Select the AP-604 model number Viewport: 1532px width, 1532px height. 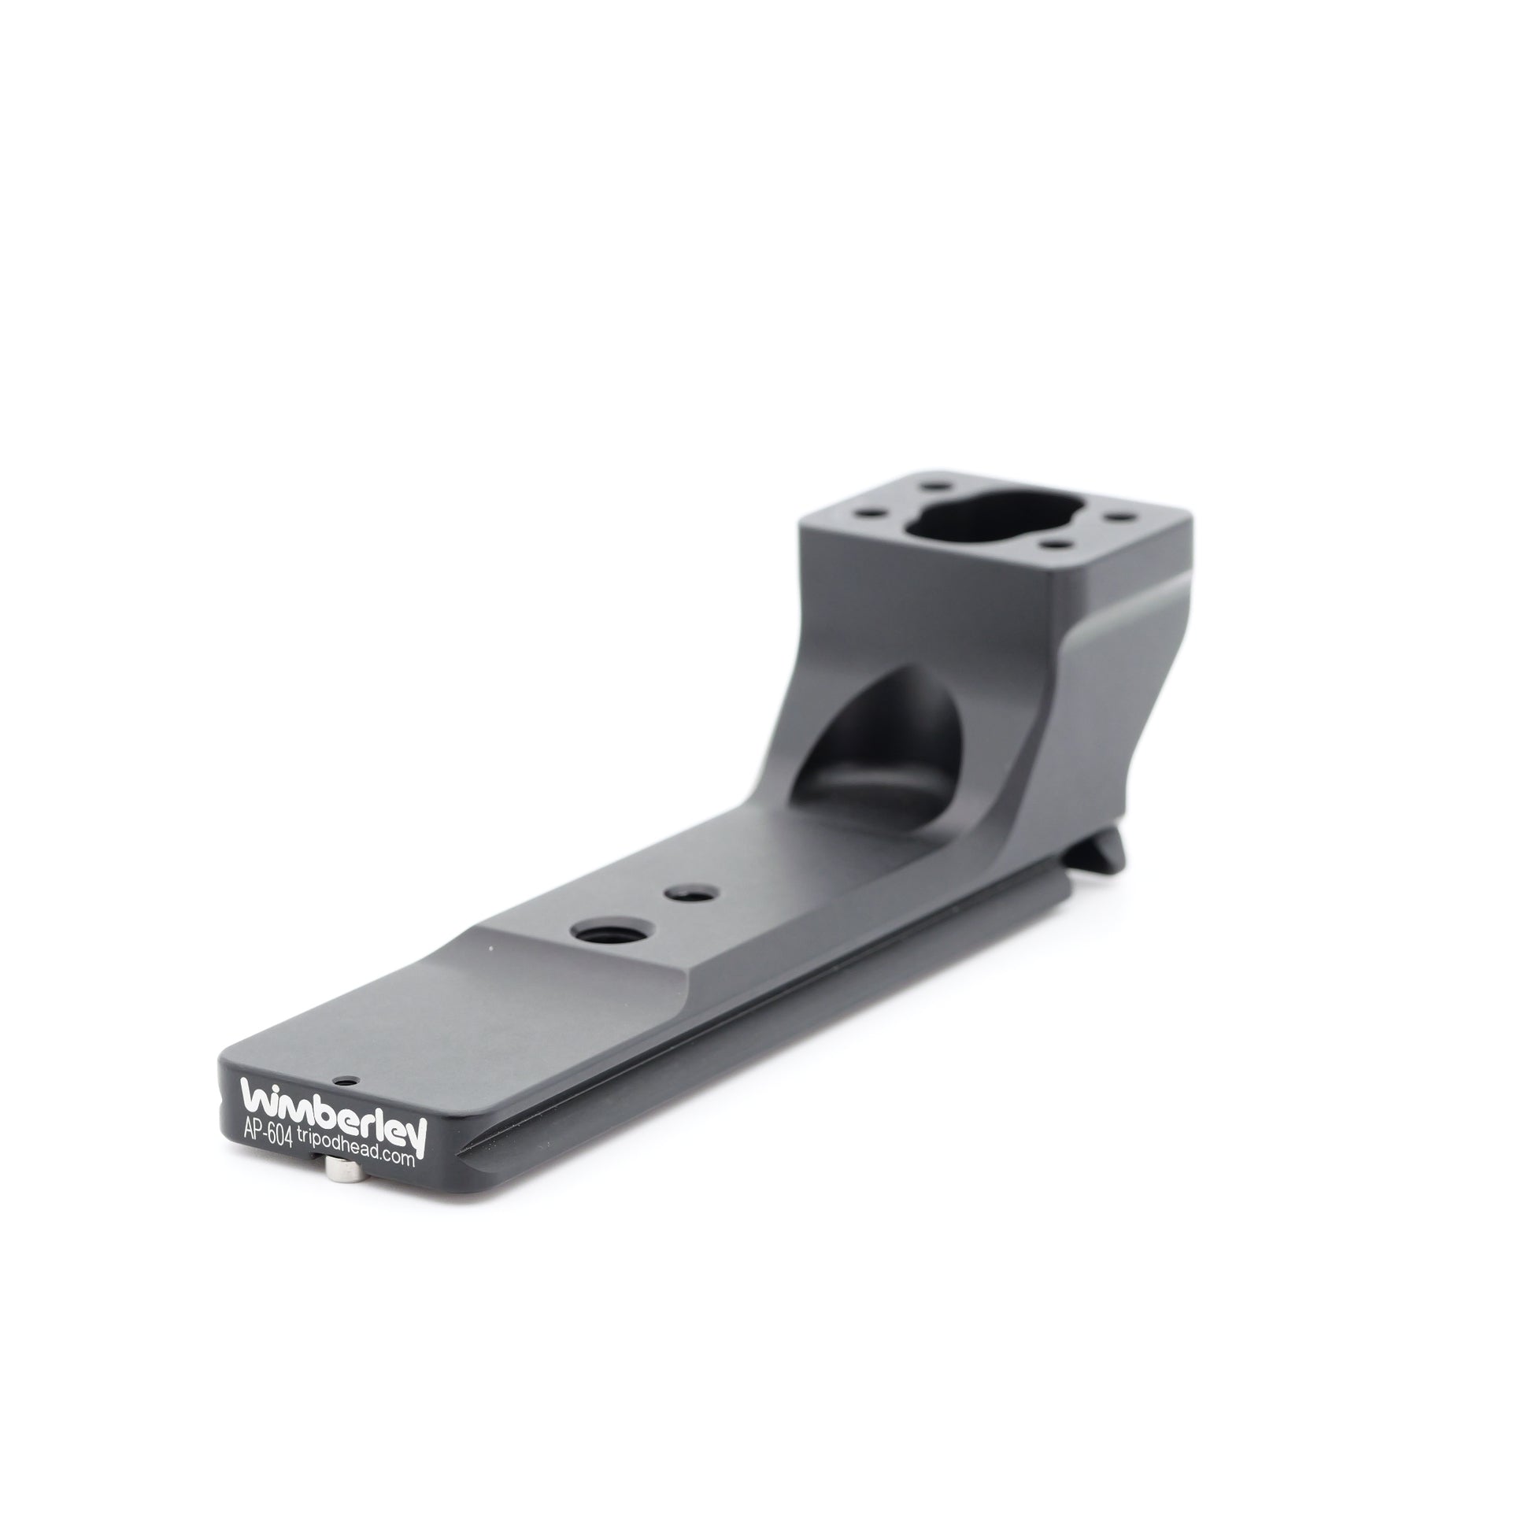click(267, 1136)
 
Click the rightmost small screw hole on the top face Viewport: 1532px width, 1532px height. click(1119, 517)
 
